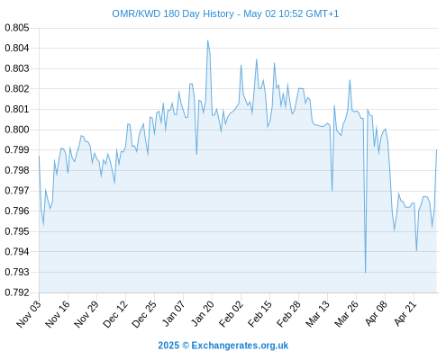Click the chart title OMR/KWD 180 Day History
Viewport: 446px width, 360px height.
point(173,13)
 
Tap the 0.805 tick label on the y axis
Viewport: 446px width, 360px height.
point(17,28)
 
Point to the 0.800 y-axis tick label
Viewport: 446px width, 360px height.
point(17,130)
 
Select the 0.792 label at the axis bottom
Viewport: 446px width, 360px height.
point(17,292)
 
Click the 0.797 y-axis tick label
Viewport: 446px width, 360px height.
point(17,191)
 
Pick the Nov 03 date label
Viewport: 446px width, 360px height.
point(29,314)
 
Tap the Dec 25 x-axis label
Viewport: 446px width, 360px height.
point(144,314)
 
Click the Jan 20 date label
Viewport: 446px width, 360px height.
point(203,313)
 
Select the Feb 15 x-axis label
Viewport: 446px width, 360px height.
point(260,314)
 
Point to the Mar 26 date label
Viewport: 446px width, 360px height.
point(347,314)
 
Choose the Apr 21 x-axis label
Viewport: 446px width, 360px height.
point(405,313)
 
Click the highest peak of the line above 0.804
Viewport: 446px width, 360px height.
point(207,40)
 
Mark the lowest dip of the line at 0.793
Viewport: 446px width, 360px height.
point(365,273)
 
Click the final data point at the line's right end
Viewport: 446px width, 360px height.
point(436,149)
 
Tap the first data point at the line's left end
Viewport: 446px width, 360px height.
point(39,156)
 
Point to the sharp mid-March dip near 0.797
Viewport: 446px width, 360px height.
point(332,191)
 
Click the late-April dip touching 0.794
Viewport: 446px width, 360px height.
point(416,251)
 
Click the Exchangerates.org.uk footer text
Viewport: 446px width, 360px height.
point(240,346)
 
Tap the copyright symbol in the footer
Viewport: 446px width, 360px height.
point(186,346)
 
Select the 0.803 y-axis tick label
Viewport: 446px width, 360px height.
point(17,68)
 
